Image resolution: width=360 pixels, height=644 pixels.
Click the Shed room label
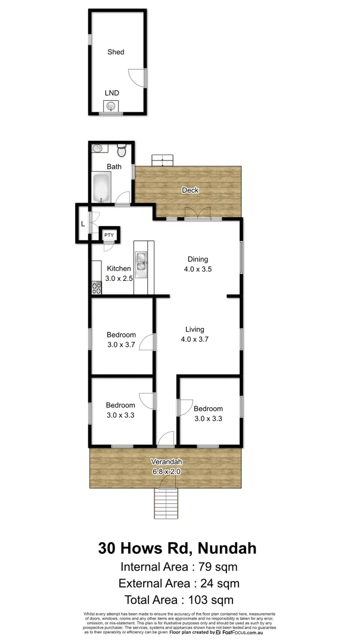[116, 52]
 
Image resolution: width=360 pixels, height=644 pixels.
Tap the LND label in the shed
[111, 93]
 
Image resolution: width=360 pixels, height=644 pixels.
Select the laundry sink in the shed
[110, 107]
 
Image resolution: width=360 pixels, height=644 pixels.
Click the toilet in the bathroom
[122, 149]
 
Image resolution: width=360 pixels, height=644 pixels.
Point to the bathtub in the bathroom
[101, 187]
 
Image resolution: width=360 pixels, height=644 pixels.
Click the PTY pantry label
[109, 236]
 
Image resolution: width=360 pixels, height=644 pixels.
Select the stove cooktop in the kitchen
[95, 289]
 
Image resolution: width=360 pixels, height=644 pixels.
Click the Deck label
[191, 190]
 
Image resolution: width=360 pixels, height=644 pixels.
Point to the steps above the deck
[162, 160]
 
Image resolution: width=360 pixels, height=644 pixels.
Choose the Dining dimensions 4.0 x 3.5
[198, 269]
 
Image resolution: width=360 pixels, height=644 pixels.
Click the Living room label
[195, 329]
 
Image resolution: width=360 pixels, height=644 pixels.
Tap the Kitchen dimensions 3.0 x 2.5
[119, 278]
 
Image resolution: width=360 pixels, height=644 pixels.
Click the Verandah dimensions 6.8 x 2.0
[166, 471]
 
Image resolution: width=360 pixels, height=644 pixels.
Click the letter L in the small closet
[83, 225]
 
